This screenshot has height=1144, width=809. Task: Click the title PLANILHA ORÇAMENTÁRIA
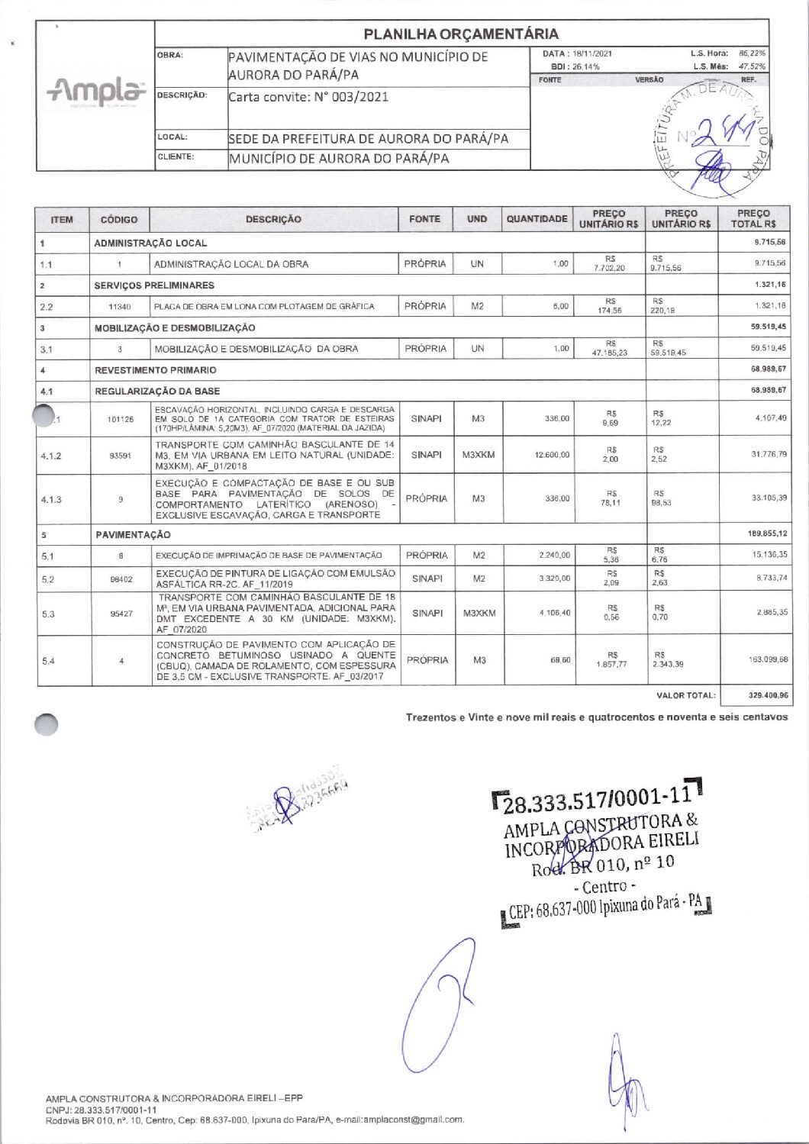461,34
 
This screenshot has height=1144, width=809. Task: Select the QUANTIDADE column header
537,219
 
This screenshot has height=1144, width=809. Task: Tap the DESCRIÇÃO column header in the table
273,219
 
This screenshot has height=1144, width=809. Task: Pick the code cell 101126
121,419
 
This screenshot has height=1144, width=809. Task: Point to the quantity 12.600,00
551,455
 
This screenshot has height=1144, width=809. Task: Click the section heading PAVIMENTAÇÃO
133,534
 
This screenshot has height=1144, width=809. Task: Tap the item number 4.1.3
51,500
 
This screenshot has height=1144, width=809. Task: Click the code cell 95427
121,614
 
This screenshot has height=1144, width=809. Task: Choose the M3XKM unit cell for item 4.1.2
478,455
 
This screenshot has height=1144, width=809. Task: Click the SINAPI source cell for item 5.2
427,578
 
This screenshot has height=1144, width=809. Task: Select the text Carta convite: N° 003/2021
309,97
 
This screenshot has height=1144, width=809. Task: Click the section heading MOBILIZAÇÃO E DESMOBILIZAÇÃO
175,327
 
